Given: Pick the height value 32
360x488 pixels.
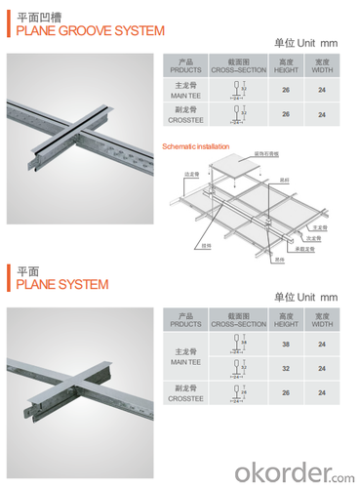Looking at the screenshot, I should [285, 370].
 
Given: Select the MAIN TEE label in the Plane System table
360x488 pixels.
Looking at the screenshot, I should [185, 357].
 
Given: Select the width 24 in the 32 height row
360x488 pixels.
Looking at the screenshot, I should [321, 370].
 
